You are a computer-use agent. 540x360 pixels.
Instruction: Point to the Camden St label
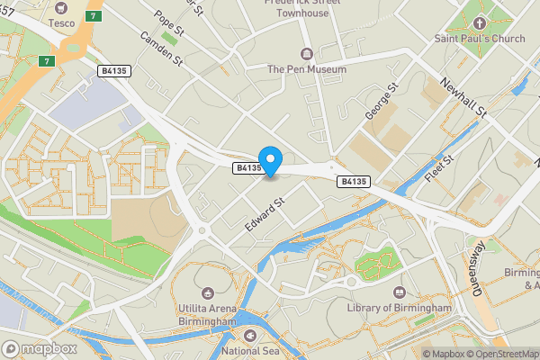point(161,51)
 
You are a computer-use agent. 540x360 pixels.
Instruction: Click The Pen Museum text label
point(306,68)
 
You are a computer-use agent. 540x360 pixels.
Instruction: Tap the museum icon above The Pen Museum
point(306,52)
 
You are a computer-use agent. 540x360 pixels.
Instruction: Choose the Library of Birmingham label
point(399,308)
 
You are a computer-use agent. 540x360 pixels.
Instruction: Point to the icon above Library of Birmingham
point(399,292)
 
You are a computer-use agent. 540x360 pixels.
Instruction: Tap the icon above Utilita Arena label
point(208,292)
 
